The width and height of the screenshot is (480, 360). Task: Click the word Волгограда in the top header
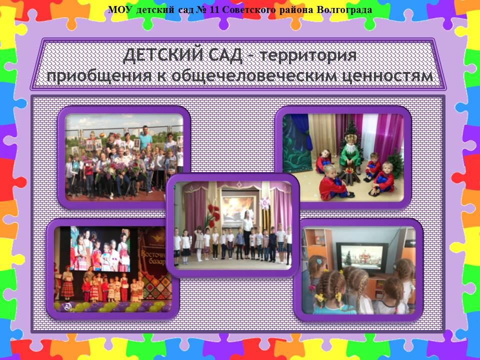[x=344, y=10]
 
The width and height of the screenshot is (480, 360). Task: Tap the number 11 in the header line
[x=215, y=10]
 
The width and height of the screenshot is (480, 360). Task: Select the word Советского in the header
[x=249, y=10]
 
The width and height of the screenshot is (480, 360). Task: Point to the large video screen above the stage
[x=100, y=248]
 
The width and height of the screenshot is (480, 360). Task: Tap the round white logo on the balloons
[x=67, y=306]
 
